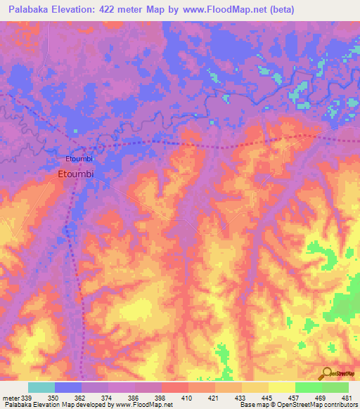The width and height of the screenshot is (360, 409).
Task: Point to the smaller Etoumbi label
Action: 79,158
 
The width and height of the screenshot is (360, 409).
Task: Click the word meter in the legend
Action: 10,397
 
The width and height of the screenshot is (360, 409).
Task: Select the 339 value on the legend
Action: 27,397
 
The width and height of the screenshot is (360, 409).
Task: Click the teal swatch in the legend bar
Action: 41,387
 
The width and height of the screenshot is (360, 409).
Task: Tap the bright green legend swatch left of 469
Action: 308,387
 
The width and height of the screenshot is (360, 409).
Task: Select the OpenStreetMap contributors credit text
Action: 320,405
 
